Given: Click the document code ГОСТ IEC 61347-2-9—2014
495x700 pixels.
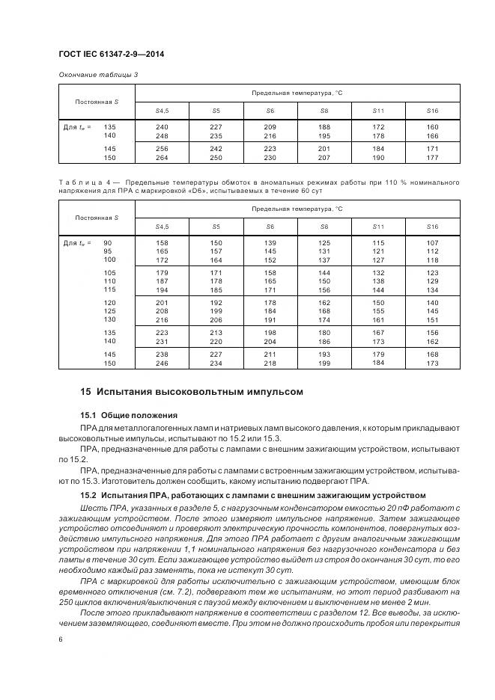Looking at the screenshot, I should (x=112, y=55).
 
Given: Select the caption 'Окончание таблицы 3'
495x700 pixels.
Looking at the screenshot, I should (x=98, y=75).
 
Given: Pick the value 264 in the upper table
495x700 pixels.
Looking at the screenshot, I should (x=162, y=157).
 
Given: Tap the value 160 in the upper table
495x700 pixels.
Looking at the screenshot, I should (x=432, y=126).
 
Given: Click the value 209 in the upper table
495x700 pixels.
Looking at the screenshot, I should (x=270, y=126).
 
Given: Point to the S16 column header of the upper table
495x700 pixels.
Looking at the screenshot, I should (x=432, y=110).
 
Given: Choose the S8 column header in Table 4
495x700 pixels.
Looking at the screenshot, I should (x=324, y=225).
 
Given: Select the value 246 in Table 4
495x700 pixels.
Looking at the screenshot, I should (x=162, y=363).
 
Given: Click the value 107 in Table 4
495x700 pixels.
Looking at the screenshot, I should (x=432, y=243).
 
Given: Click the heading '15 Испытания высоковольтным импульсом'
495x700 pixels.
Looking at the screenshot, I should (x=191, y=391).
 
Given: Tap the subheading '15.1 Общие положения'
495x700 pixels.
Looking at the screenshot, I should (x=128, y=414).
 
